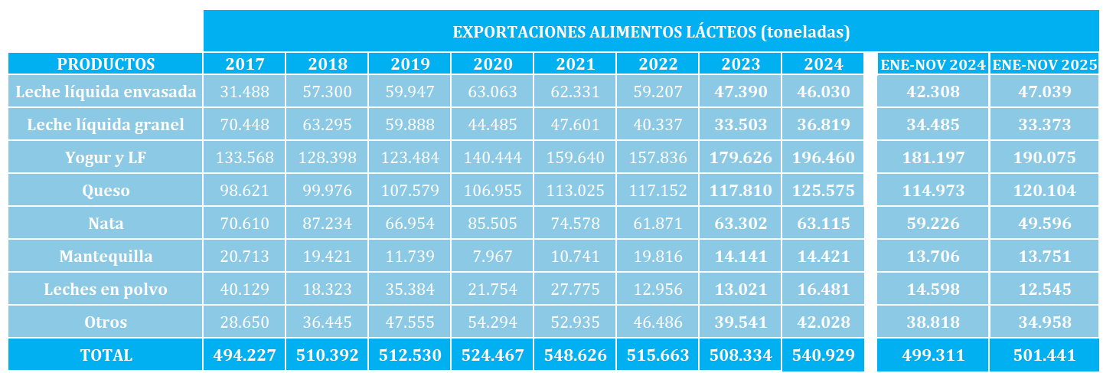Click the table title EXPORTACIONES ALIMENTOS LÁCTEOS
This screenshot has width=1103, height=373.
[x=651, y=32]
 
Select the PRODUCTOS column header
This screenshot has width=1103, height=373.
[x=106, y=64]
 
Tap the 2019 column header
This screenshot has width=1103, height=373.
[x=410, y=64]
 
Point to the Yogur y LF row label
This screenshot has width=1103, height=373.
[x=106, y=158]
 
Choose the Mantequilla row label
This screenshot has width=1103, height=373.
[x=106, y=257]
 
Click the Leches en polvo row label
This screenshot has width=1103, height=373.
[x=106, y=290]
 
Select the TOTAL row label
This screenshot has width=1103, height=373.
[x=106, y=355]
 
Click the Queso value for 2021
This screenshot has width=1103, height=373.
[x=575, y=191]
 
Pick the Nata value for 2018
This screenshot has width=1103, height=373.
[x=327, y=224]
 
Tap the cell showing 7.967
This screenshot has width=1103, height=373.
[x=492, y=257]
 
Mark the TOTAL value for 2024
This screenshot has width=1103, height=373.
[x=823, y=355]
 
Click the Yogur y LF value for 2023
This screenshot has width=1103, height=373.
[x=740, y=158]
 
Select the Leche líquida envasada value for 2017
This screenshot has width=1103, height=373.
[x=244, y=92]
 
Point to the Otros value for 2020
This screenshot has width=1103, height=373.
[x=492, y=322]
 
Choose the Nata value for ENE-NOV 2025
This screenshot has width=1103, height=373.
[x=1045, y=224]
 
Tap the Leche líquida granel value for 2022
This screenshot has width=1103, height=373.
[x=658, y=125]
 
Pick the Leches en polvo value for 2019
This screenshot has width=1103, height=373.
[x=410, y=290]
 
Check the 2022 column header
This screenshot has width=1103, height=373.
[x=658, y=64]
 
